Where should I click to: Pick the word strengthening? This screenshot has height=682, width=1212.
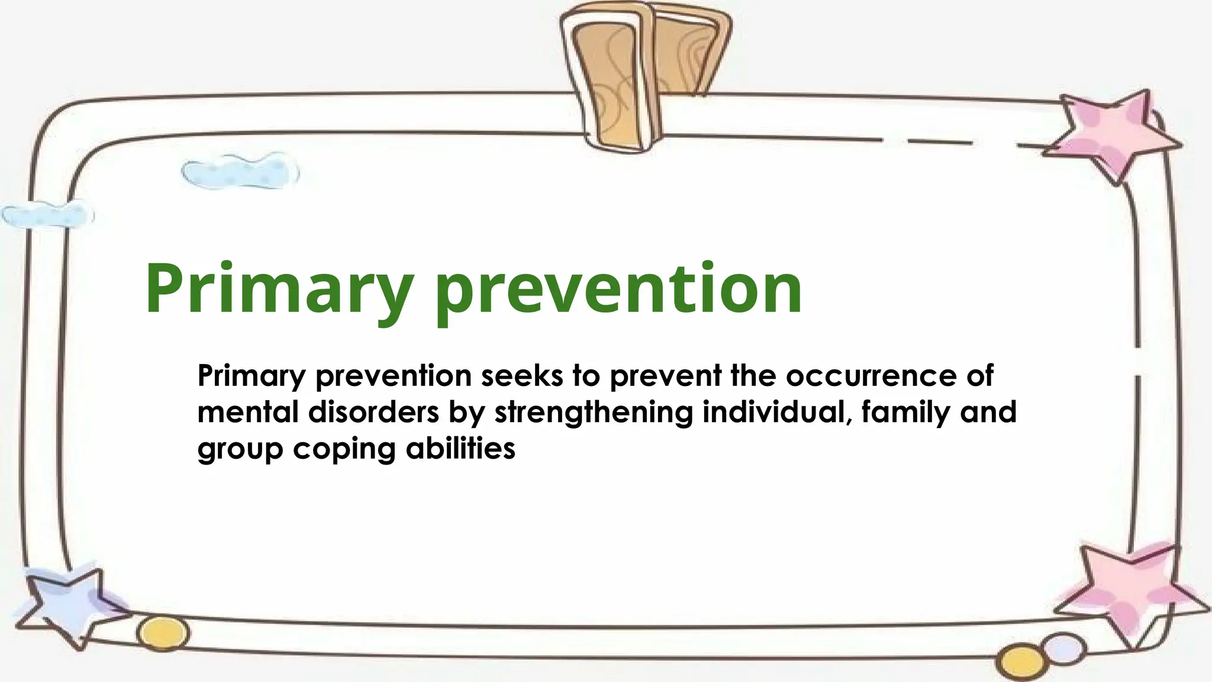pos(593,413)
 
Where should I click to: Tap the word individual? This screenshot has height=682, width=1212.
pos(777,412)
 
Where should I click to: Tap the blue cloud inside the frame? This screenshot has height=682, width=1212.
pos(240,172)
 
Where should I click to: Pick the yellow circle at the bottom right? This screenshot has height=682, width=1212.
pos(1019,662)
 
